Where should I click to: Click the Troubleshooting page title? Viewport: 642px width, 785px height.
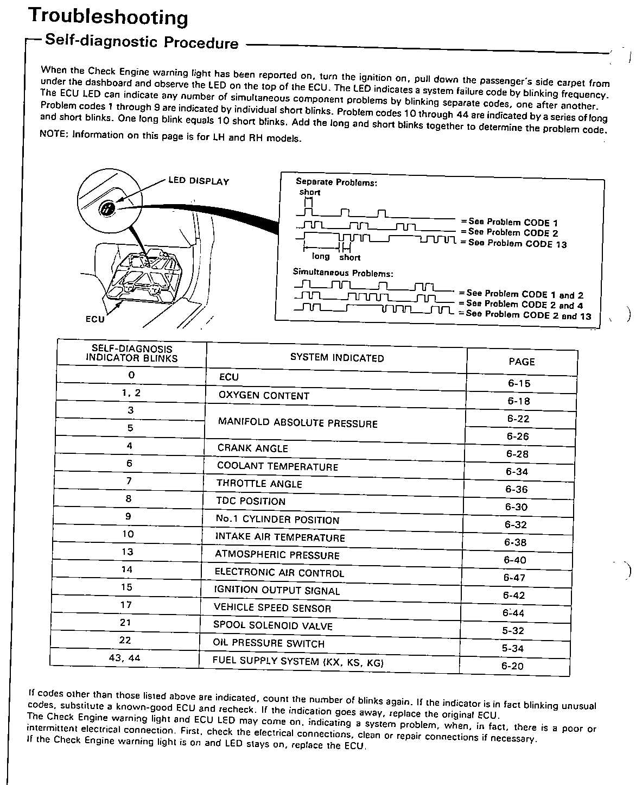pos(108,16)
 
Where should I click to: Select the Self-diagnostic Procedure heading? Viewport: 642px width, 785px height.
pos(142,42)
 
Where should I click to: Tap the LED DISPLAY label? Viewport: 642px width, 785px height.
pos(199,181)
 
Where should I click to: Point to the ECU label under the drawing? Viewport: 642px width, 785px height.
pos(95,319)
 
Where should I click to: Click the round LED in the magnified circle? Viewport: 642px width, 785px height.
pos(107,208)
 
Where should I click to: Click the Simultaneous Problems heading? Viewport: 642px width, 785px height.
pos(343,273)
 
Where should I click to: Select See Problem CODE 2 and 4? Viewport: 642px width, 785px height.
pos(524,305)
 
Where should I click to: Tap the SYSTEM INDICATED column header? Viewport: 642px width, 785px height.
pos(337,358)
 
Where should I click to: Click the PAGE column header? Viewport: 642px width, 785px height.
pos(522,362)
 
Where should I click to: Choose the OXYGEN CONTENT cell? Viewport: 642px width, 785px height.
pos(264,396)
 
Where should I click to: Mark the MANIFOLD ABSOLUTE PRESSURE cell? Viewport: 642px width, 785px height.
pos(297,423)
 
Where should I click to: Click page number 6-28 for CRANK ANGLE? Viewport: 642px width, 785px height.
pos(517,454)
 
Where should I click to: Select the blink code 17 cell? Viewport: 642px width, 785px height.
pos(126,605)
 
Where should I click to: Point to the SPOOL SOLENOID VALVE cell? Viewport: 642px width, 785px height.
pos(272,625)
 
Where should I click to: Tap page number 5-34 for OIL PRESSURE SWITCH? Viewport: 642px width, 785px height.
pos(512,648)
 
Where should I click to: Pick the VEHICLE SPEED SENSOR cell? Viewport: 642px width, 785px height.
pos(272,608)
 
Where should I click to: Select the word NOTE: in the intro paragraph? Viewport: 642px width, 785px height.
pos(54,134)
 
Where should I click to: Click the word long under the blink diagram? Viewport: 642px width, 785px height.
pos(321,256)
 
